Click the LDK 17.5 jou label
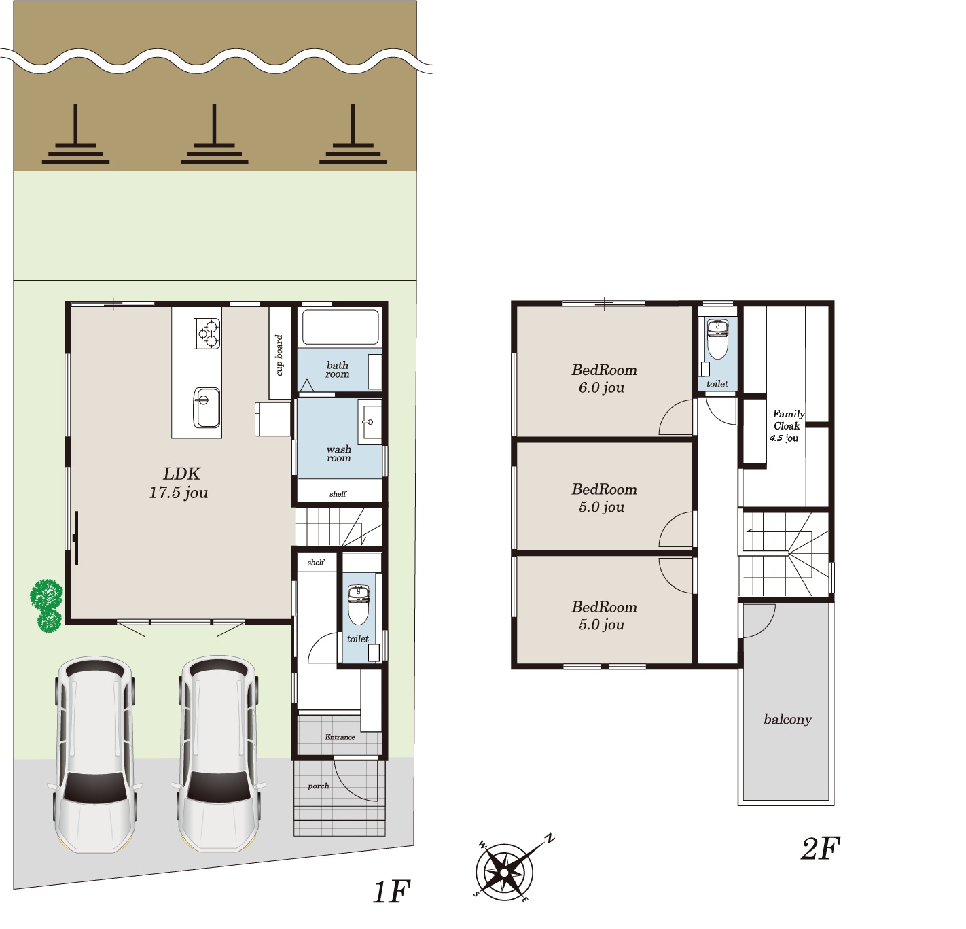[179, 483]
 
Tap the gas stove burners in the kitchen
[207, 333]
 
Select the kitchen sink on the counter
[207, 408]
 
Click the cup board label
[279, 355]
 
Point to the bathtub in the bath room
[340, 326]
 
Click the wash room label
[338, 454]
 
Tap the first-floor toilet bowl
[359, 604]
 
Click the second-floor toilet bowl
[717, 339]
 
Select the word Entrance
[340, 737]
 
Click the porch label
[318, 786]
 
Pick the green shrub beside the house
[47, 606]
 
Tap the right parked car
[218, 754]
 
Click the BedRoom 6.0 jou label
[604, 379]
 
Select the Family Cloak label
[788, 419]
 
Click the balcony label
[788, 720]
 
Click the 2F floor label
[820, 849]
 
